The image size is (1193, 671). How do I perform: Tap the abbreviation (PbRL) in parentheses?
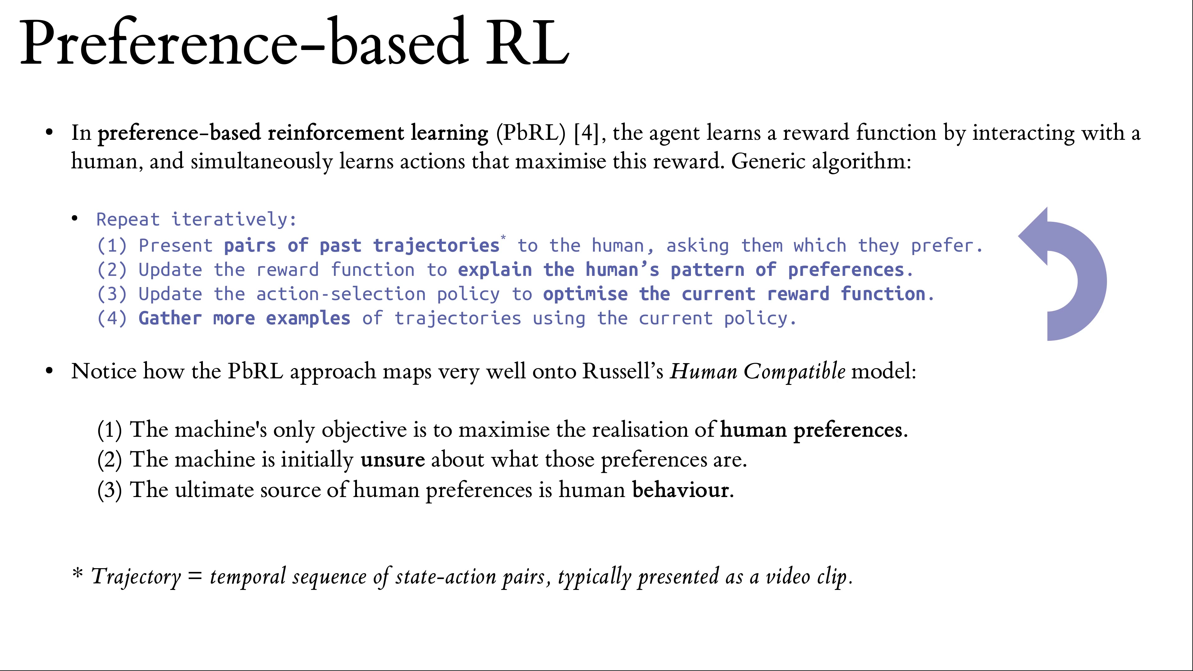point(531,133)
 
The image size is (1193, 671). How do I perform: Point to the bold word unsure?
point(393,460)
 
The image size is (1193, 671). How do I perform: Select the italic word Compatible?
point(794,372)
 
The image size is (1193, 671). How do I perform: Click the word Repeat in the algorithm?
point(128,220)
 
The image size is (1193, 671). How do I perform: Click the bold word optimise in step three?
point(585,294)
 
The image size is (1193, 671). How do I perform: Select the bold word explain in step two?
point(495,270)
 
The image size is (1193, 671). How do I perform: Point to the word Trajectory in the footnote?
point(136,577)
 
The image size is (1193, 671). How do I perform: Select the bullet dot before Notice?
point(50,372)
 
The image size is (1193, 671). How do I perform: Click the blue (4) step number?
point(112,319)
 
